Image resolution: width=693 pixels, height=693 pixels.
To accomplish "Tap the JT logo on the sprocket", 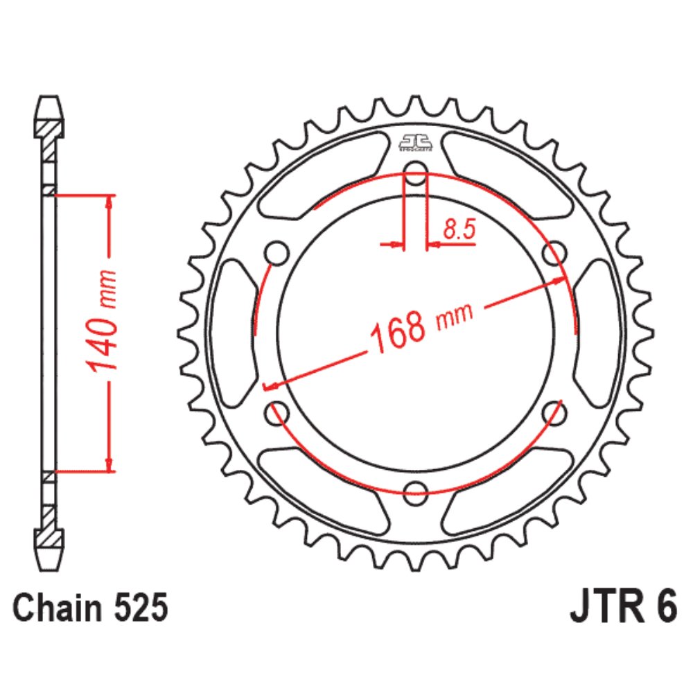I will coord(415,143).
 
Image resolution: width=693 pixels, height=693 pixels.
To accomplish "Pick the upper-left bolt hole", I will coord(277,252).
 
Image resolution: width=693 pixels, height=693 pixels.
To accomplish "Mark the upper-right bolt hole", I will coord(554,252).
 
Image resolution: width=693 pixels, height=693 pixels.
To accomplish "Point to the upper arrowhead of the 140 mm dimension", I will coord(108,202).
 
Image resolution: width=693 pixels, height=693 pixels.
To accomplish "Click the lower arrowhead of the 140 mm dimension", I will coord(108,464).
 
